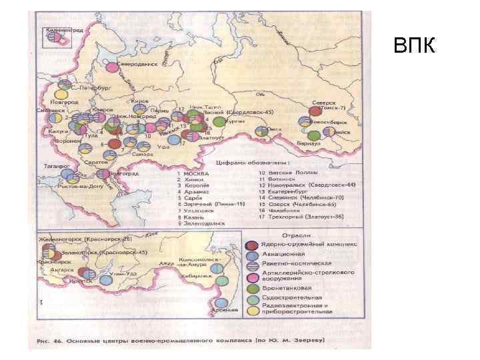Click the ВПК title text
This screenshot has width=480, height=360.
coord(413,46)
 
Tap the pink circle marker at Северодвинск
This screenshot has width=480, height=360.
coord(111,66)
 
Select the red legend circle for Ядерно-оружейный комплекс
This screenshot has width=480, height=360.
coord(251,244)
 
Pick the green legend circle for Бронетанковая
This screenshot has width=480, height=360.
coord(251,287)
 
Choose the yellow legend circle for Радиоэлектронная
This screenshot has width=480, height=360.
coord(251,309)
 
